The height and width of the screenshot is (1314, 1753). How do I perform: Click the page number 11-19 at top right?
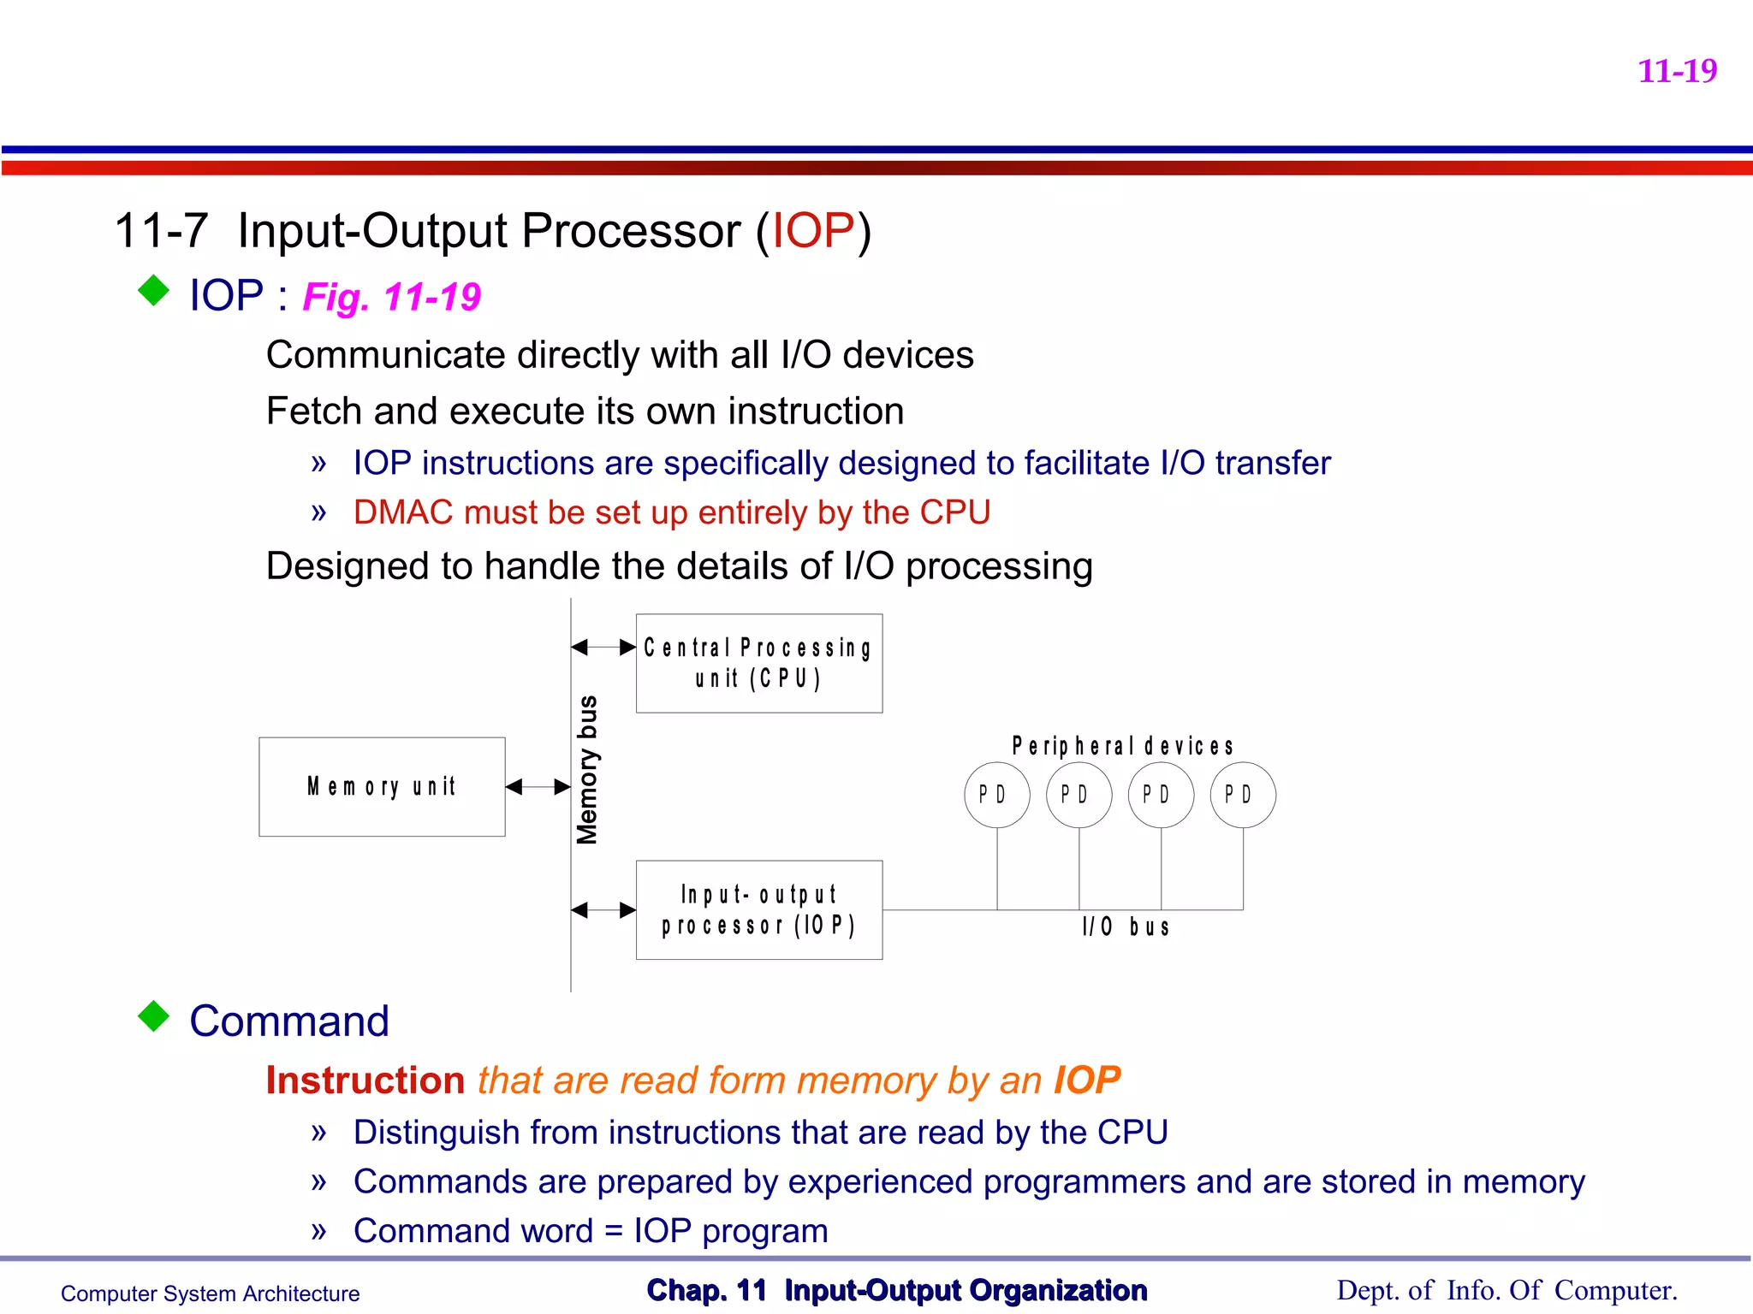point(1676,71)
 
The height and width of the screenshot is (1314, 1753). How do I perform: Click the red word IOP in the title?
point(812,231)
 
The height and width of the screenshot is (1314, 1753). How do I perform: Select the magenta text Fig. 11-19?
point(391,298)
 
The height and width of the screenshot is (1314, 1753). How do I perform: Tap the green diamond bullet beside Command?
point(154,1016)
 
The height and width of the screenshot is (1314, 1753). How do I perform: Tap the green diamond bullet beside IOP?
point(154,290)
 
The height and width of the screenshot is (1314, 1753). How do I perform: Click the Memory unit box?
point(382,786)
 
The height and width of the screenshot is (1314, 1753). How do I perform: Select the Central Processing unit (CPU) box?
point(758,663)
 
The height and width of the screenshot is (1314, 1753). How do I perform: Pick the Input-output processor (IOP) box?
point(758,909)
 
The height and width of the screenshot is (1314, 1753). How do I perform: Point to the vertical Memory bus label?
point(587,770)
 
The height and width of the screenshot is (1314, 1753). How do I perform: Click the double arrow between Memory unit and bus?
point(538,787)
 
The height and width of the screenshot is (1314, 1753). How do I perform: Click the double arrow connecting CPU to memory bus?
point(603,648)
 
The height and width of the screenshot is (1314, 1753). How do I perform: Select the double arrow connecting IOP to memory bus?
point(603,910)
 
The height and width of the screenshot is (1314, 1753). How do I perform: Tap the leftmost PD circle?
point(996,795)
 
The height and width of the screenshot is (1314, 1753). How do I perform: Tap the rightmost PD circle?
point(1242,795)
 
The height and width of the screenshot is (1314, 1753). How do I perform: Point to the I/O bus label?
point(1125,926)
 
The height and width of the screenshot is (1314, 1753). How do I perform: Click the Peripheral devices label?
point(1122,746)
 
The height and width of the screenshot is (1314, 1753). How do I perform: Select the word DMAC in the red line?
point(403,512)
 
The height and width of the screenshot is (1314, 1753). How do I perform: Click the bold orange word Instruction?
point(365,1080)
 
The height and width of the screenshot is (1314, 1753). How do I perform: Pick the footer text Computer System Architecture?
point(210,1293)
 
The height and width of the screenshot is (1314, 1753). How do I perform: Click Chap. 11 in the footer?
point(706,1290)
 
